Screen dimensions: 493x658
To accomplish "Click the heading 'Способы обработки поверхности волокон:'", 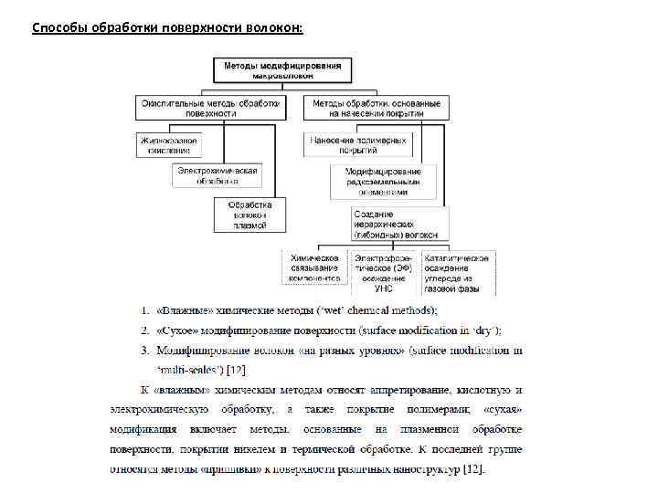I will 167,28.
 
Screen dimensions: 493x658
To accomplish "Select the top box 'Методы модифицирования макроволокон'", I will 282,69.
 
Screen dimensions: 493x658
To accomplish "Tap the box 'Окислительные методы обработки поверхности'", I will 209,108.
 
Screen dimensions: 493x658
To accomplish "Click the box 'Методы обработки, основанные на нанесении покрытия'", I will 376,108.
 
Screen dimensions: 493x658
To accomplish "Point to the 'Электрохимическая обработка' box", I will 217,174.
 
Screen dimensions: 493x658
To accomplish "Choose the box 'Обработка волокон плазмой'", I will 249,214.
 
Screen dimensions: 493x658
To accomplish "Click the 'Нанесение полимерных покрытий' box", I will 358,144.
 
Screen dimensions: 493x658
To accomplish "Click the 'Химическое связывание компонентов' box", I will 314,268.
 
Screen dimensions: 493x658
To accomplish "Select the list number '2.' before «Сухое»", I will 143,330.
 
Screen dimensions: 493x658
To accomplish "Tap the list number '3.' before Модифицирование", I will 143,350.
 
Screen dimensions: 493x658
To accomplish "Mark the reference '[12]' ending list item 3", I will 236,369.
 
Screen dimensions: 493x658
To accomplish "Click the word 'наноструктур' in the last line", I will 429,469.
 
